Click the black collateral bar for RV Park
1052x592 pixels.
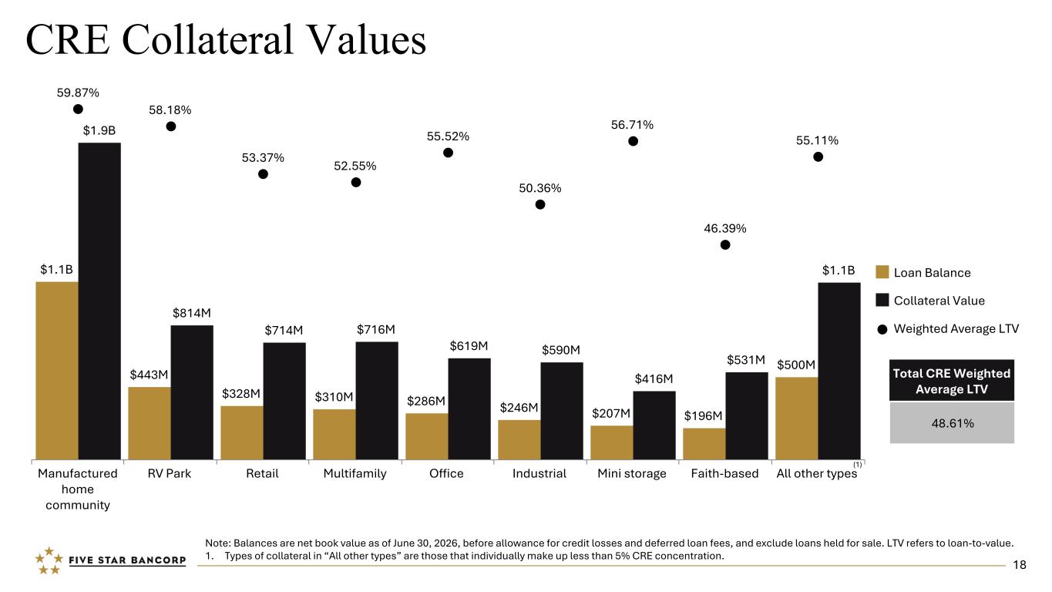(192, 392)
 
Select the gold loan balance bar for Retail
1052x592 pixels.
(242, 432)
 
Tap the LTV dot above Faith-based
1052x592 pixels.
(725, 245)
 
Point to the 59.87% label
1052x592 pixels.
(78, 93)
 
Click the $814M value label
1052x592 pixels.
(192, 313)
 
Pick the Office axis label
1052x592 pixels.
(446, 473)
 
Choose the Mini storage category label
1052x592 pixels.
(632, 473)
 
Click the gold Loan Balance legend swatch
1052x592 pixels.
(882, 272)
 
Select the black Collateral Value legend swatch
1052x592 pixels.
(882, 300)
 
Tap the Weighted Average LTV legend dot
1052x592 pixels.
(882, 329)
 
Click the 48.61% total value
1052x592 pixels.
(953, 423)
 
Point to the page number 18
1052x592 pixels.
(1020, 565)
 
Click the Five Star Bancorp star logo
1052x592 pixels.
(49, 560)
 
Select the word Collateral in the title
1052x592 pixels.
(207, 39)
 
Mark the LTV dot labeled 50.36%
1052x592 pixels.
(540, 204)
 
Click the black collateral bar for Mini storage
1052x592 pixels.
(654, 425)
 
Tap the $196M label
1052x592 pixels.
(703, 415)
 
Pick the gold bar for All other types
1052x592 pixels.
(797, 418)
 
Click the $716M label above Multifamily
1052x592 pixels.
(376, 329)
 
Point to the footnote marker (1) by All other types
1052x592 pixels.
(858, 464)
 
